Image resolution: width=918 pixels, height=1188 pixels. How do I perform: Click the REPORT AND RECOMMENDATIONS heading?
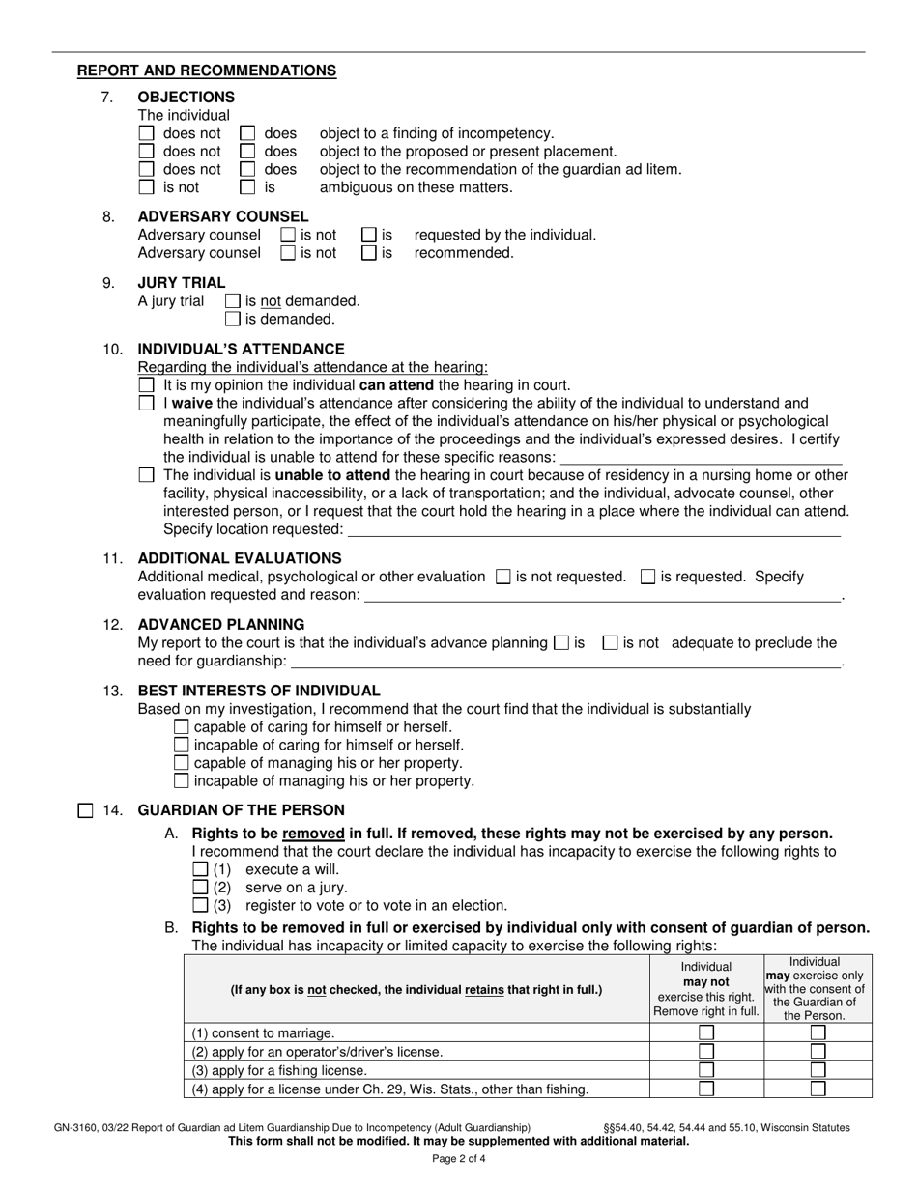click(207, 71)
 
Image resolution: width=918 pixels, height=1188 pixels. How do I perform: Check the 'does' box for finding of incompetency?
click(247, 133)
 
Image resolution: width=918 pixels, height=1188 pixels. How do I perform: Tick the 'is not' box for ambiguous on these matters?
click(146, 187)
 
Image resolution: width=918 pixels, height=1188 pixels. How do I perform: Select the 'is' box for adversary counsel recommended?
click(369, 253)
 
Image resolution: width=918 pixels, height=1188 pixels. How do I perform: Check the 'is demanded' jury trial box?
click(232, 319)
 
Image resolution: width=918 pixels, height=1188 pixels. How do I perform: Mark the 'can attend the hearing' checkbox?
click(146, 384)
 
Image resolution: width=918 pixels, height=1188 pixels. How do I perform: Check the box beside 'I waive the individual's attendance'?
click(146, 403)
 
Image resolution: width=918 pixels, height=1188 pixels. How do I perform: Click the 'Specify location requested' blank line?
click(593, 529)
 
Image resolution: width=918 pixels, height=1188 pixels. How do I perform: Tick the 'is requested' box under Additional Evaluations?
click(648, 577)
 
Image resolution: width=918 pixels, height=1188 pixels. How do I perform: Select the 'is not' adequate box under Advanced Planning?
click(610, 642)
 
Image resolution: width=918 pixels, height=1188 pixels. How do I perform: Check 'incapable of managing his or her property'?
click(182, 780)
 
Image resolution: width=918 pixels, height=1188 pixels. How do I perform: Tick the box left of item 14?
click(85, 810)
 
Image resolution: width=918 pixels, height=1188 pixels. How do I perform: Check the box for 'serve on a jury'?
click(201, 887)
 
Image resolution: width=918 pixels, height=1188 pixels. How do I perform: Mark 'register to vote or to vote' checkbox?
click(201, 905)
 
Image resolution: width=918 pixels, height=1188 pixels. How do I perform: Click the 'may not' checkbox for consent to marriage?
click(706, 1032)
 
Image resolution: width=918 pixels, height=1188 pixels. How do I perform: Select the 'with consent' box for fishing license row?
click(818, 1070)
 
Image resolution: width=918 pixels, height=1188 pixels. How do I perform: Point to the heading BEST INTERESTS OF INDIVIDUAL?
click(259, 691)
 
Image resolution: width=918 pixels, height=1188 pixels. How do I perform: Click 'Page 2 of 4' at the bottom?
click(459, 1159)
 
